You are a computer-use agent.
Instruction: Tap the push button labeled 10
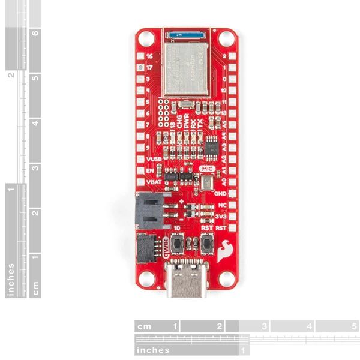178,244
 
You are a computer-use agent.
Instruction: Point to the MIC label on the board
208,170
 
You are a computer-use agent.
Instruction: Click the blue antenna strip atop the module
186,35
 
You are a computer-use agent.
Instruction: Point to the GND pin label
220,194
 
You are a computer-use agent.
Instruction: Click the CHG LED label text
178,122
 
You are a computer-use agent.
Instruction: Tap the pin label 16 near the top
149,56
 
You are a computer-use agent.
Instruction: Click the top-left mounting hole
144,40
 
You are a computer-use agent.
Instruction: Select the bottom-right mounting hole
227,278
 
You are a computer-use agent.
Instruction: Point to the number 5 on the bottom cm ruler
354,327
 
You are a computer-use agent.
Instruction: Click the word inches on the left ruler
11,279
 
